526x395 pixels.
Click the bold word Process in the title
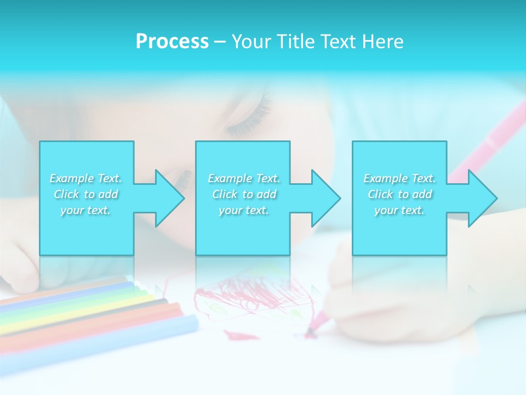click(172, 42)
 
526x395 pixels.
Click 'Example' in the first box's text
click(72, 178)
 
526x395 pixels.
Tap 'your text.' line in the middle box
click(243, 210)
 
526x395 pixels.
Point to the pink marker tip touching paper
click(310, 331)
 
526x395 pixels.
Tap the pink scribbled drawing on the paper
click(252, 296)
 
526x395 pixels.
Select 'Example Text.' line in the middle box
click(243, 178)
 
